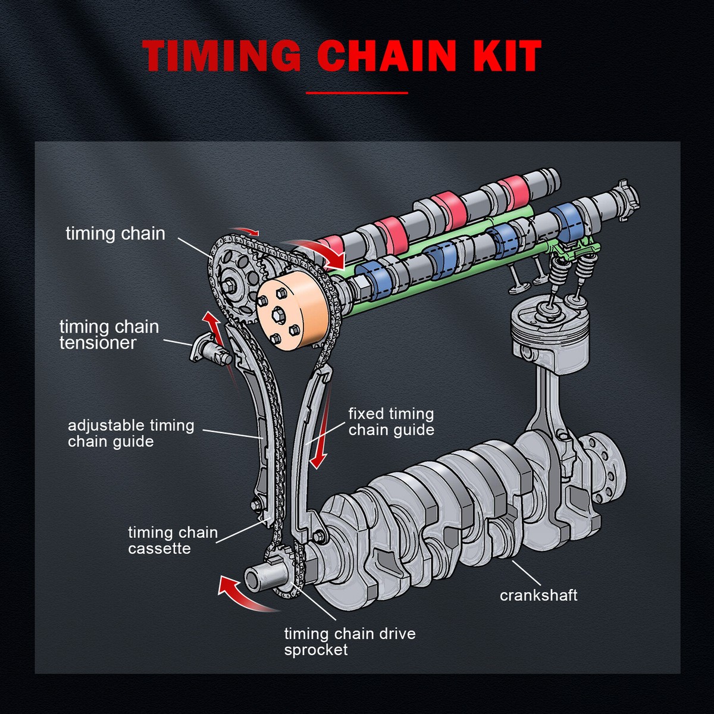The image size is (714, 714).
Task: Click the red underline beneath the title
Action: [x=357, y=93]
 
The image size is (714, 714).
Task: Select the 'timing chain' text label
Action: [x=115, y=233]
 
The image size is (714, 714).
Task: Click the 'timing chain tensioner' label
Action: [x=109, y=334]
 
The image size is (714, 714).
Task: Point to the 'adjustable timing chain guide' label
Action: [x=131, y=433]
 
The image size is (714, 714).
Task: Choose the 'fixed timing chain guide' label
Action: [x=391, y=421]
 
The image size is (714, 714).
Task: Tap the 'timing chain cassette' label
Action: [x=173, y=540]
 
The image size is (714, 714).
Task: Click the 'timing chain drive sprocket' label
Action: [x=350, y=641]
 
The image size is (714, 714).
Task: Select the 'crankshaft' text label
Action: [x=538, y=595]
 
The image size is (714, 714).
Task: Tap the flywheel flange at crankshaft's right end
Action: [x=604, y=461]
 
